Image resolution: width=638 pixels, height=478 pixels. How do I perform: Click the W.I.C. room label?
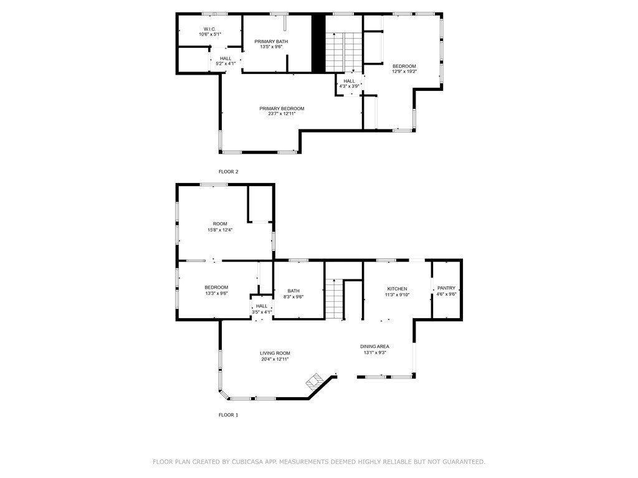tap(209, 29)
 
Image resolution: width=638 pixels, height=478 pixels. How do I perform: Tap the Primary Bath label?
tap(271, 41)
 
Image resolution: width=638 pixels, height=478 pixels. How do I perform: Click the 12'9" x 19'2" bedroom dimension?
tap(404, 72)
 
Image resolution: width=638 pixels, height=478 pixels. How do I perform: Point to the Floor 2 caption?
tap(228, 172)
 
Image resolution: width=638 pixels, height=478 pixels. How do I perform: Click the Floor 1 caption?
tap(228, 415)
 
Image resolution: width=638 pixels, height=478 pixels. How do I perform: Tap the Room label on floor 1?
tap(220, 224)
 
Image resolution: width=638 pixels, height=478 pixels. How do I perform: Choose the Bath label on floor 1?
tap(293, 291)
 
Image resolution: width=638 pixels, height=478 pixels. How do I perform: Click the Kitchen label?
tap(398, 289)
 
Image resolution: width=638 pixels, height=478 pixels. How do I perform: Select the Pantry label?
tap(446, 288)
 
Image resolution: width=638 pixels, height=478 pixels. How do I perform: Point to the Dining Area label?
tap(374, 347)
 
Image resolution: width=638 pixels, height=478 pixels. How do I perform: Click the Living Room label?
tap(275, 354)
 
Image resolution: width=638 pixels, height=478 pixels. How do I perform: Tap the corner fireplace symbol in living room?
tap(314, 381)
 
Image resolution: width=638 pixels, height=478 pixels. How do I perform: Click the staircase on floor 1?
tap(334, 299)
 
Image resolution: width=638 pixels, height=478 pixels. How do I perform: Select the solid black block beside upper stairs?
tap(318, 44)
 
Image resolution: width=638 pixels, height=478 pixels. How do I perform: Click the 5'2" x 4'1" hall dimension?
tap(226, 63)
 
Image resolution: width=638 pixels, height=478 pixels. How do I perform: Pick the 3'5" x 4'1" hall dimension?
tap(262, 312)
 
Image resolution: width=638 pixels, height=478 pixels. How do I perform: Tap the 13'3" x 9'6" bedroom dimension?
tap(216, 293)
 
